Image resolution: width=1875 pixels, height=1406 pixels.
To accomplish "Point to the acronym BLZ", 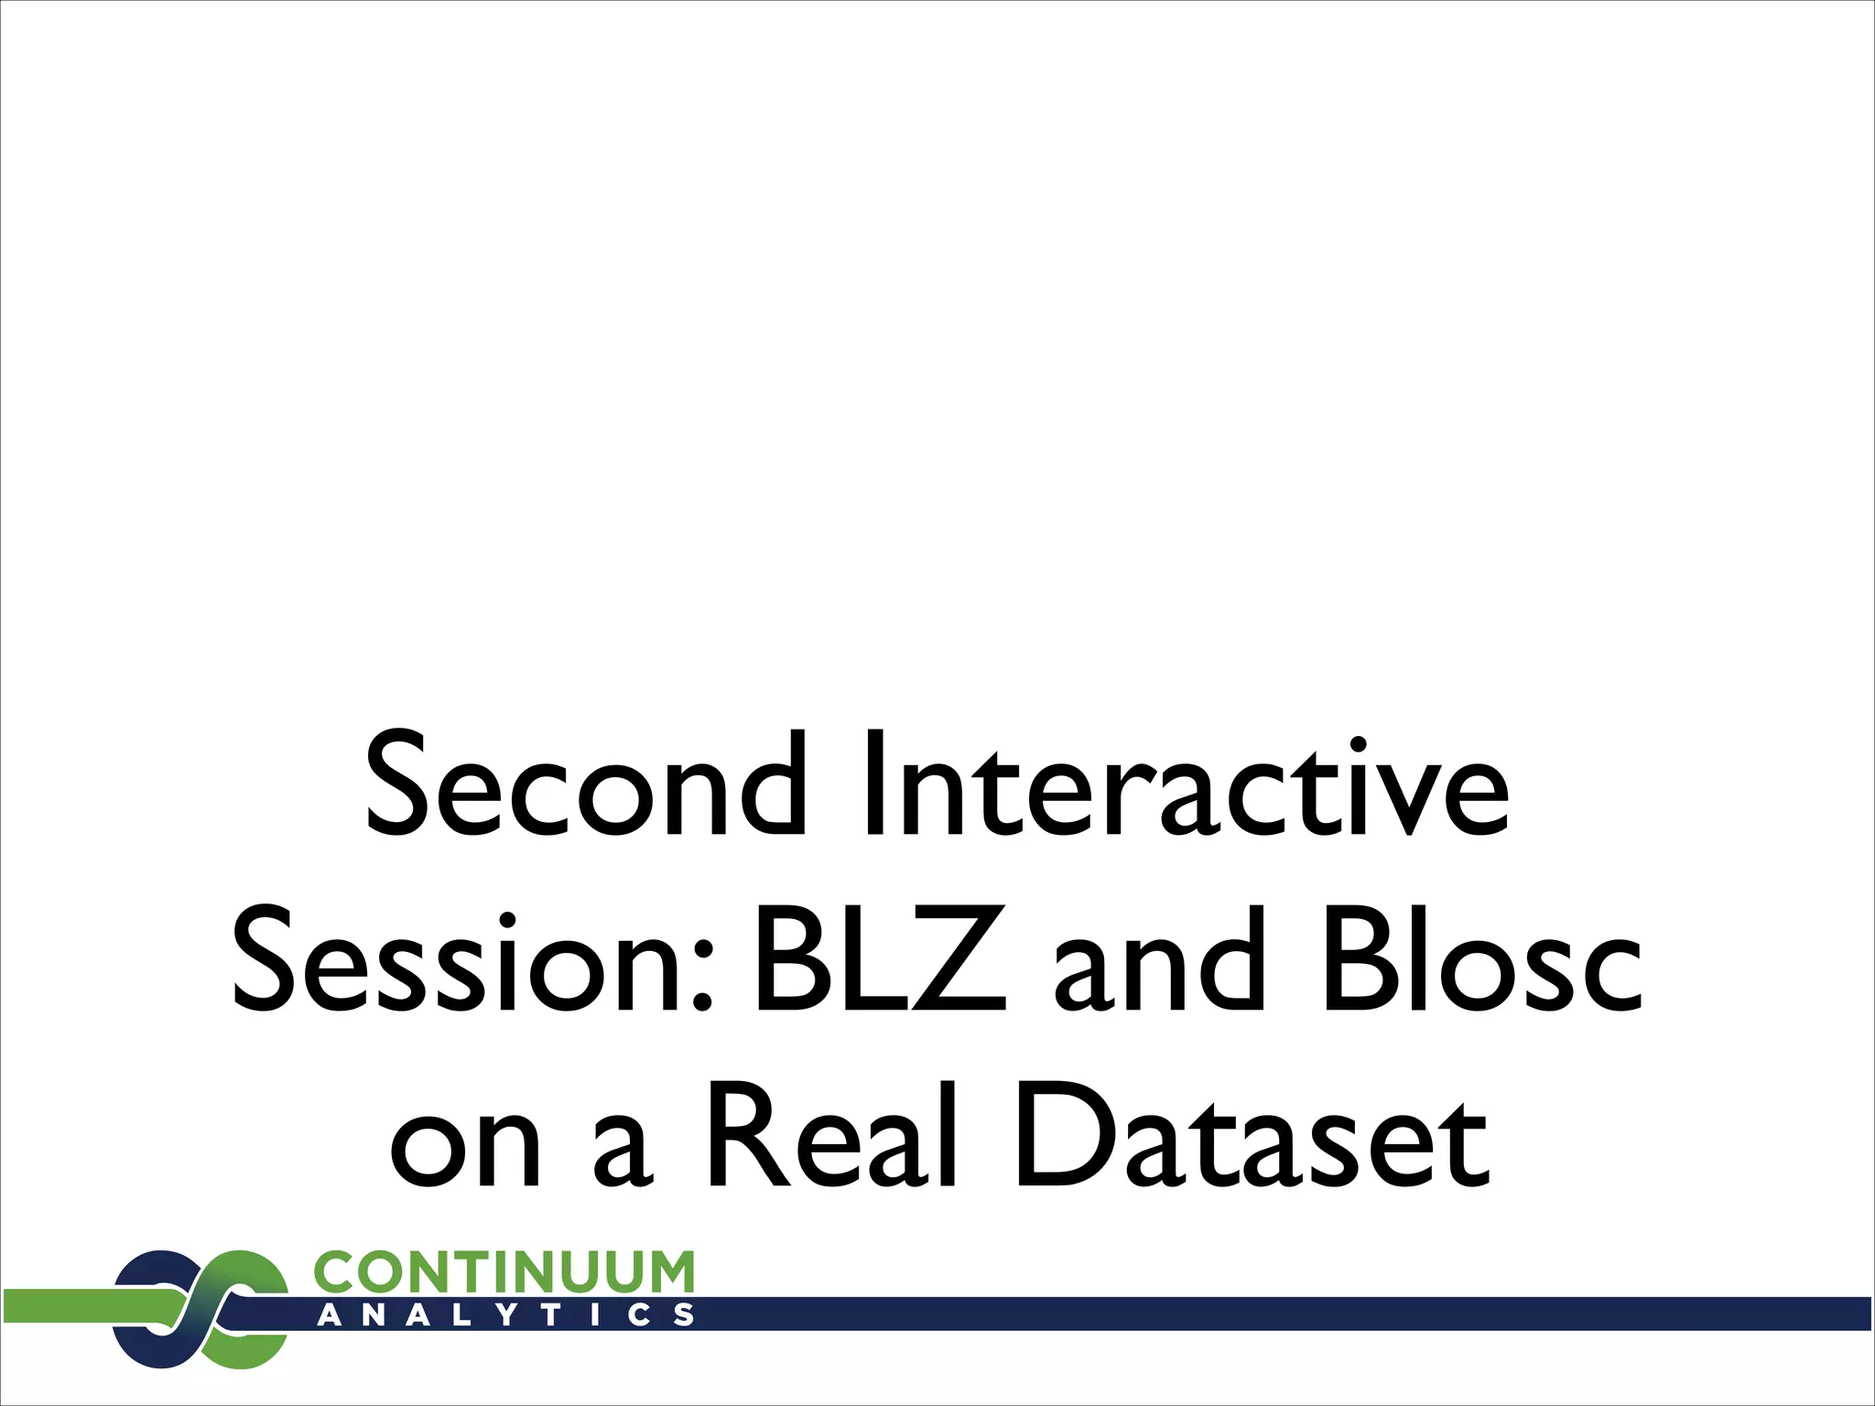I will [879, 960].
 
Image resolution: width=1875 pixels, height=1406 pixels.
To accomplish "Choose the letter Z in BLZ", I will [961, 960].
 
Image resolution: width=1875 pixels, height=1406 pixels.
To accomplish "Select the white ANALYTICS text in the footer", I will [504, 1315].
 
